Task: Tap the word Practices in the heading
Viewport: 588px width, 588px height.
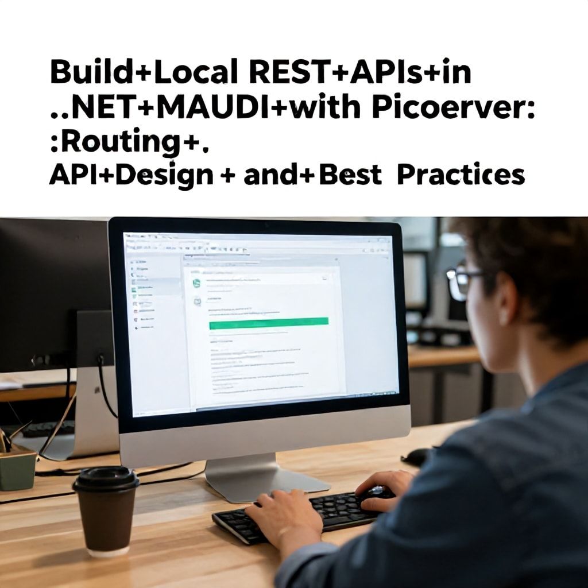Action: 461,175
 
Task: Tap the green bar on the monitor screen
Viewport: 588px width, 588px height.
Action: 269,323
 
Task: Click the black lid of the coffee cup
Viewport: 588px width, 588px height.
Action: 106,478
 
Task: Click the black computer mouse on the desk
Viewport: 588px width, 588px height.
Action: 417,457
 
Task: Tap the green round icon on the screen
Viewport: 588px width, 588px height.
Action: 196,283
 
